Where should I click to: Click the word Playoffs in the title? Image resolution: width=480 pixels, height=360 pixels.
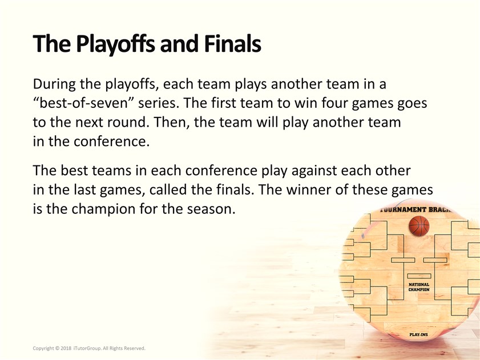(x=116, y=45)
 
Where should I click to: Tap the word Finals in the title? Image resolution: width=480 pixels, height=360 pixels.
(x=232, y=43)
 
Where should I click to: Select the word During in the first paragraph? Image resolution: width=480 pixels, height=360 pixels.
(x=54, y=84)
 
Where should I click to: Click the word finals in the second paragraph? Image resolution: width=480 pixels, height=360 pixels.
(x=235, y=190)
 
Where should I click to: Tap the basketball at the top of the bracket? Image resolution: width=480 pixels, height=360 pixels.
(x=419, y=226)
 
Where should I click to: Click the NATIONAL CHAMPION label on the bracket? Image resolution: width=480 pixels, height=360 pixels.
(x=419, y=287)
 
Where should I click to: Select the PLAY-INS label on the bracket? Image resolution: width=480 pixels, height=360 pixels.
(x=418, y=334)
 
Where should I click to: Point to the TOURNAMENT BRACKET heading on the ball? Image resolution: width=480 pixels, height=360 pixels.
(x=416, y=210)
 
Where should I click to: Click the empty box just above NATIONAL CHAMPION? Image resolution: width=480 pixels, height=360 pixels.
(x=419, y=276)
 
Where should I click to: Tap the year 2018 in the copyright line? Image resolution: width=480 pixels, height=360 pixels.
(x=66, y=348)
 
